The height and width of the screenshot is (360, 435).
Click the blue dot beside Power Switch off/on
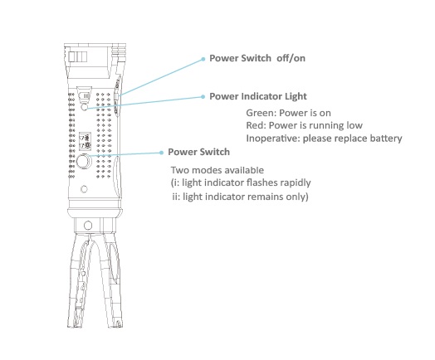tap(203, 59)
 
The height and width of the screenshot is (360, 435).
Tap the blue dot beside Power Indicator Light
tap(203, 97)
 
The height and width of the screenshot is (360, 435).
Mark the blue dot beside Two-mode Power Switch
tap(161, 153)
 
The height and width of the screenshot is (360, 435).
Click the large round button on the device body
tap(83, 161)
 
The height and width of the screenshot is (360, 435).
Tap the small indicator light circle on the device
tap(84, 107)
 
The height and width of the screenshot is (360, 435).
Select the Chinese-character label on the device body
tap(86, 141)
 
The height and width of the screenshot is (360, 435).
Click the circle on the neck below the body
tap(88, 226)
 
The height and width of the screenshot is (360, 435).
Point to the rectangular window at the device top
tap(78, 57)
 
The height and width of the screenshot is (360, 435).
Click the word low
tap(354, 125)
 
